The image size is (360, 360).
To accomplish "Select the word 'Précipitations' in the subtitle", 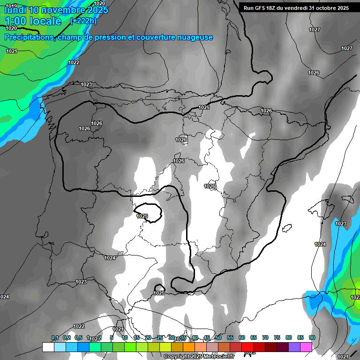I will [28, 37].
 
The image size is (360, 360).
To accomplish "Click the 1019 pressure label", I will [11, 6].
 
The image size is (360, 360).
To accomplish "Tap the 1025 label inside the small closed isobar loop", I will [142, 216].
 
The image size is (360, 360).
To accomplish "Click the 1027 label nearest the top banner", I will [315, 30].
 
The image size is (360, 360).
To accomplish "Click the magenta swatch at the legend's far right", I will [306, 347].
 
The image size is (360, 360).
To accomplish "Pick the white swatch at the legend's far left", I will [48, 347].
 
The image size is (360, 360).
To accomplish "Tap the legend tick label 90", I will [312, 337].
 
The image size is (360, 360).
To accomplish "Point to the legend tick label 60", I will [242, 337].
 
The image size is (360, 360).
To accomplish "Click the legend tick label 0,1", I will [55, 337].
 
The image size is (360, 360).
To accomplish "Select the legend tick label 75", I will [277, 337].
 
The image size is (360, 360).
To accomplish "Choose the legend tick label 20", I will [148, 337].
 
